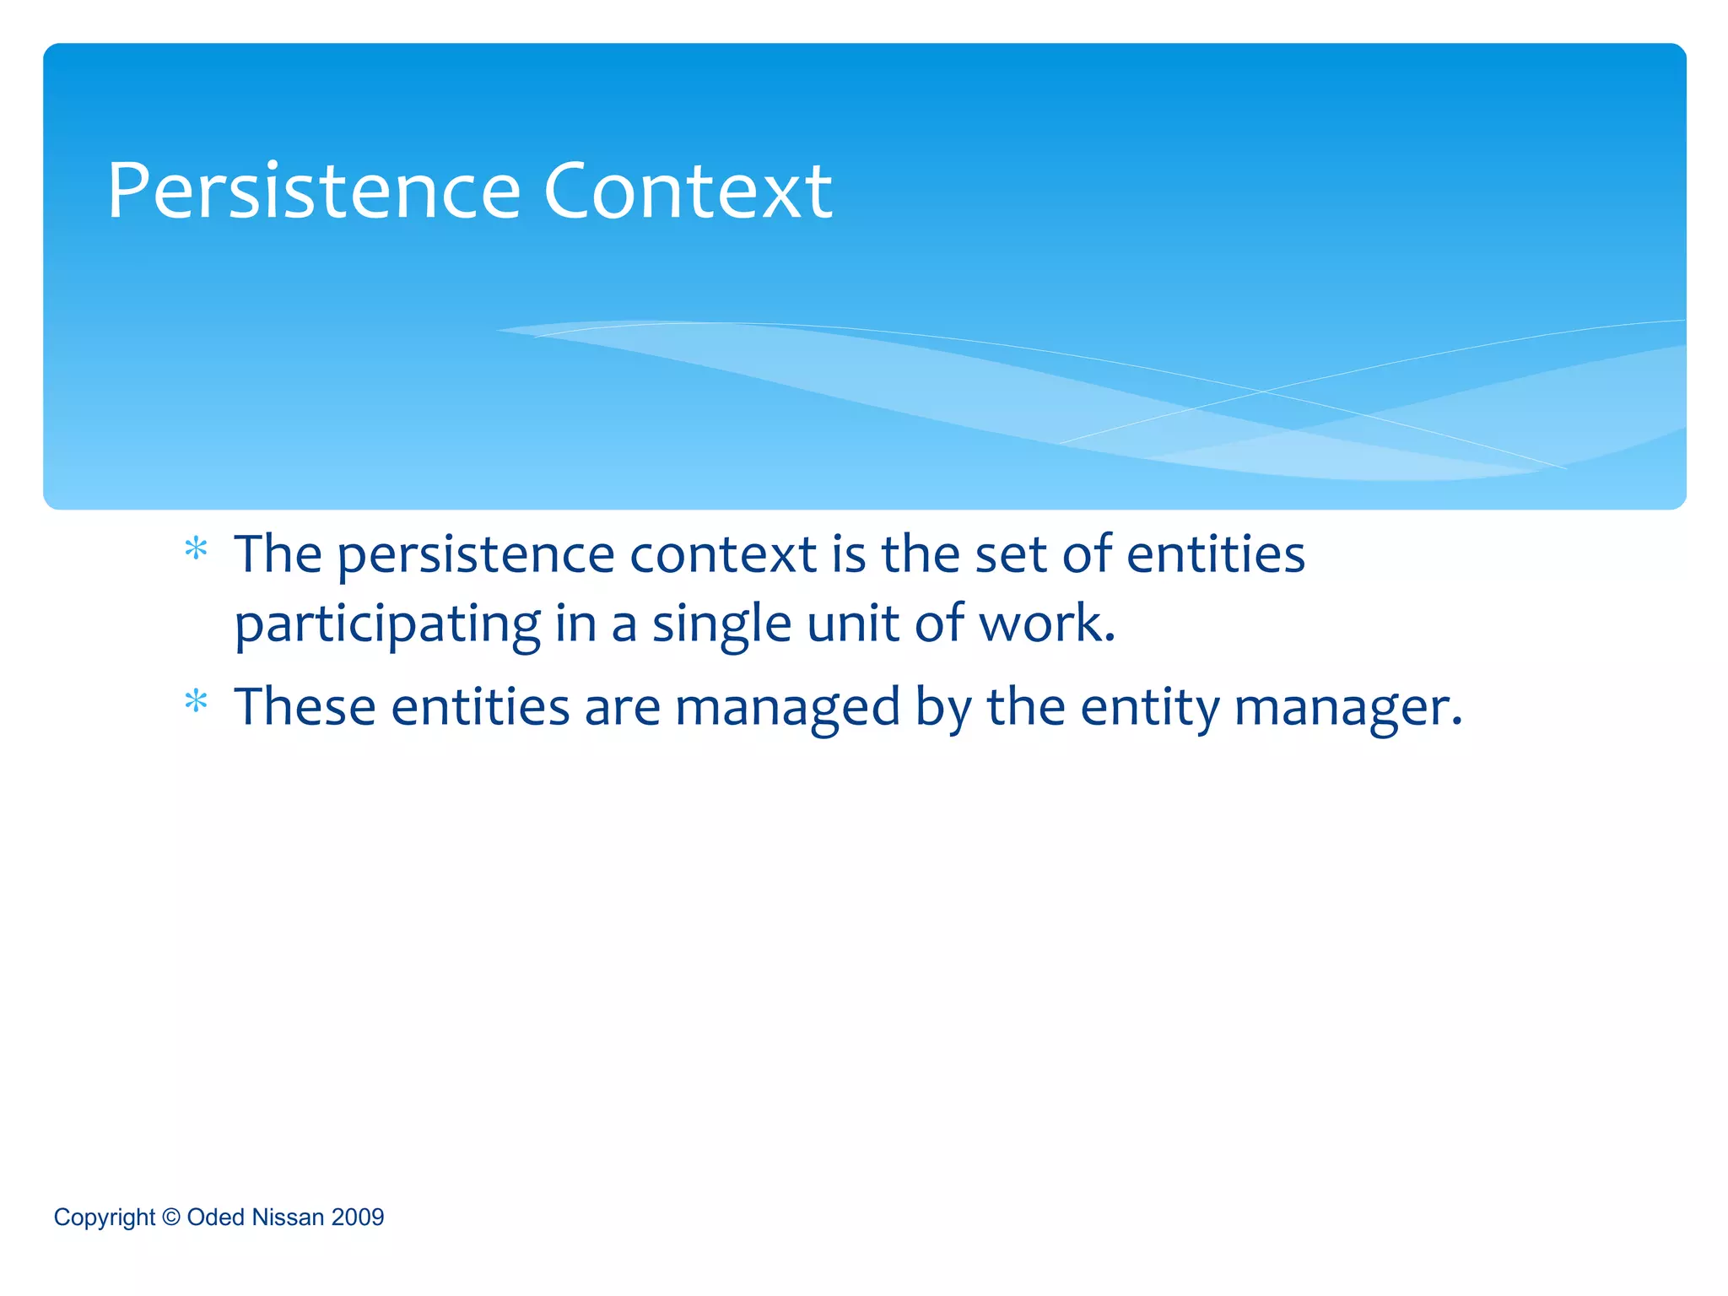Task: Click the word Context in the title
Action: tap(688, 192)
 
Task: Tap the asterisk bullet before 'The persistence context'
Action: tap(196, 550)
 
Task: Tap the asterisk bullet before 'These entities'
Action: tap(196, 701)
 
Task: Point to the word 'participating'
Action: tap(387, 625)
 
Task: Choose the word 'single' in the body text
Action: tap(721, 625)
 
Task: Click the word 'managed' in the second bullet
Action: tap(787, 708)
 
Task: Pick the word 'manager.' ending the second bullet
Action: tap(1347, 708)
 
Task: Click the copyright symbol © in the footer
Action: tap(171, 1217)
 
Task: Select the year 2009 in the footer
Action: tap(358, 1218)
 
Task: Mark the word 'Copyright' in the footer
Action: tap(105, 1218)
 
